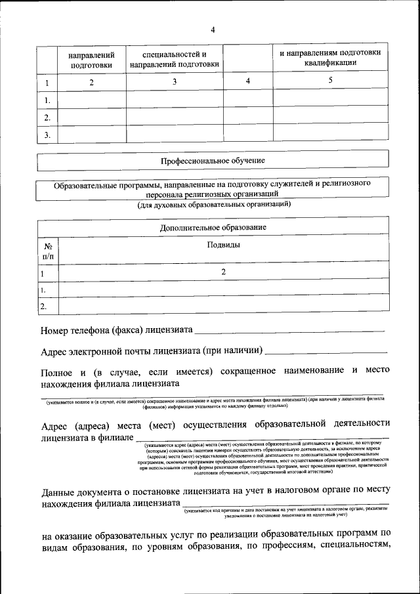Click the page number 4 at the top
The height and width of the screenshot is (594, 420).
(213, 30)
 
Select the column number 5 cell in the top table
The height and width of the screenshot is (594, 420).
(331, 80)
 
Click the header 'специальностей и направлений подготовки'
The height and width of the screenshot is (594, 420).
(174, 59)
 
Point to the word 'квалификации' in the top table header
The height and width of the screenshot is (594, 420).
(331, 63)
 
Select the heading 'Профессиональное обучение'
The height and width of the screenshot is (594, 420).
(213, 161)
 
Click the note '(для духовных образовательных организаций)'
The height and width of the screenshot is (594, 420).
(214, 205)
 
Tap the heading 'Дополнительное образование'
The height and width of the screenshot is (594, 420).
(213, 227)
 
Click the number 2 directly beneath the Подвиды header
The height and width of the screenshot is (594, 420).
(223, 272)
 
